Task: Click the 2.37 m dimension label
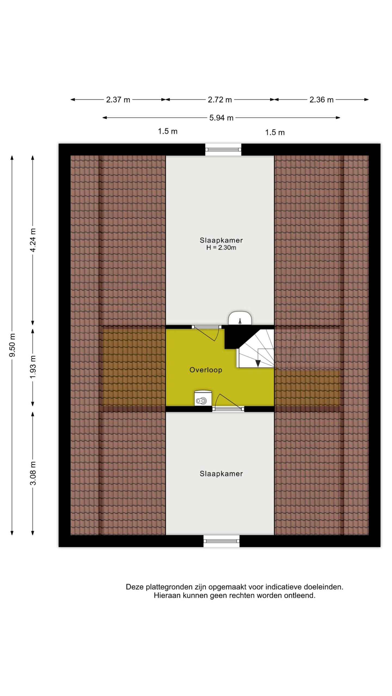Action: pyautogui.click(x=118, y=100)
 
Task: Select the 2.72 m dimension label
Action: pyautogui.click(x=220, y=100)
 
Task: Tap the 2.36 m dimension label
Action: pyautogui.click(x=321, y=100)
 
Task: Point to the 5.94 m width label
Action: pyautogui.click(x=221, y=118)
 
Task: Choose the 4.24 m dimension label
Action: pyautogui.click(x=33, y=240)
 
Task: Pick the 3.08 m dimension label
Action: pyautogui.click(x=33, y=473)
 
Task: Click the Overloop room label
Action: pyautogui.click(x=206, y=370)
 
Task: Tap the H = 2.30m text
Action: pyautogui.click(x=221, y=247)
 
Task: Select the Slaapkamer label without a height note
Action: pyautogui.click(x=221, y=474)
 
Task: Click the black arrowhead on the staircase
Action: pyautogui.click(x=258, y=363)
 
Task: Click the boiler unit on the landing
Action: pyautogui.click(x=203, y=398)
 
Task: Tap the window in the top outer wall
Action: pyautogui.click(x=223, y=150)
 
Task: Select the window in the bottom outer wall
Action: pyautogui.click(x=222, y=541)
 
